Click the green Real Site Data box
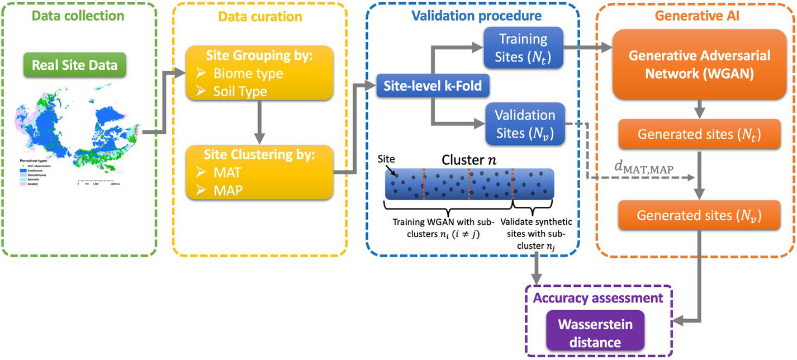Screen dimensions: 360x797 (x=75, y=65)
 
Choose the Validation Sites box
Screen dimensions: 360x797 (x=524, y=124)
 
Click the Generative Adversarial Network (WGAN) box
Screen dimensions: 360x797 (x=699, y=64)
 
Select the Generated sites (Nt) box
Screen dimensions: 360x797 (x=699, y=135)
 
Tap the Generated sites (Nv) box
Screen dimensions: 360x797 (x=699, y=215)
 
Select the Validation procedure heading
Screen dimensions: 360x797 (x=477, y=16)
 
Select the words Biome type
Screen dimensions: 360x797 (x=248, y=73)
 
